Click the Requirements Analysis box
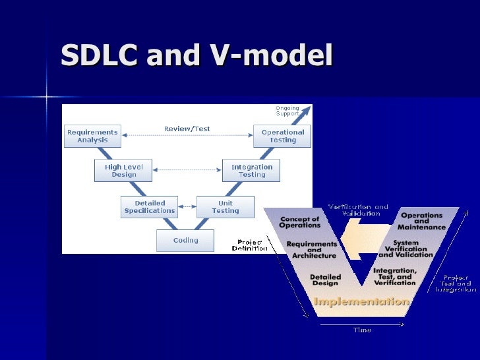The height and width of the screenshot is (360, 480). pos(92,136)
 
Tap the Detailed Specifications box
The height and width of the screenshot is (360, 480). pos(150,206)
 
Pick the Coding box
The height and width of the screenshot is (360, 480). pos(185,241)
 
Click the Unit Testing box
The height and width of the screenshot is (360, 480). pos(225,206)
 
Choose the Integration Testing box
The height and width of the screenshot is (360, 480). pos(252,171)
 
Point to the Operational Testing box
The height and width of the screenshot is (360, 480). pos(283,136)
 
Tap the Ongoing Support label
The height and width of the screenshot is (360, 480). pos(287,111)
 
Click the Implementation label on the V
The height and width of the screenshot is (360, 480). pos(361,301)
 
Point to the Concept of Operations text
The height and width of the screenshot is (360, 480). pos(299,222)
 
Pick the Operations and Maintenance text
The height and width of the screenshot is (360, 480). pos(421,221)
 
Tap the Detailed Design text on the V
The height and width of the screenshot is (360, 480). pos(325,280)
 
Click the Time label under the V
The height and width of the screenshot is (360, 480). pos(362,330)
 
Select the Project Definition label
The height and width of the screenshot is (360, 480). pos(250,245)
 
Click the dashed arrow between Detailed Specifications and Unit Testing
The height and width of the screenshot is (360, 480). pos(188,206)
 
